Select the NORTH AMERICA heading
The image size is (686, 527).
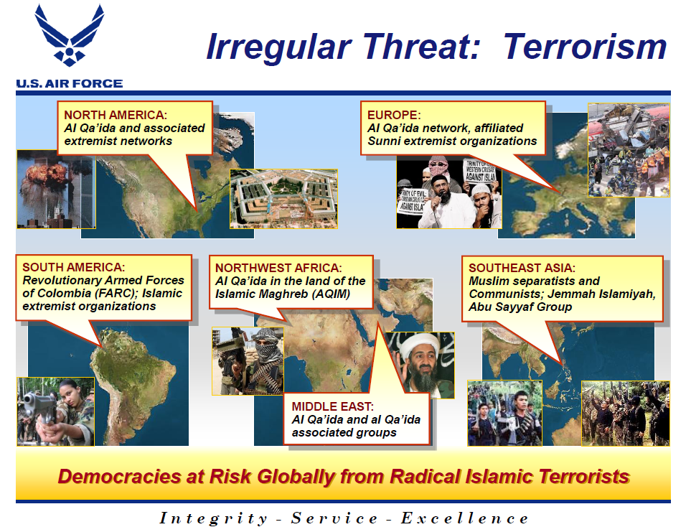pyautogui.click(x=116, y=114)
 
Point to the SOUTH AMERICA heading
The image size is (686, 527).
pyautogui.click(x=74, y=267)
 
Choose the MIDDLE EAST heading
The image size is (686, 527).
pyautogui.click(x=332, y=406)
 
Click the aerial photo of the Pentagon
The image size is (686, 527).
pyautogui.click(x=283, y=199)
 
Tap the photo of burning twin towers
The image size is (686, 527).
pyautogui.click(x=47, y=189)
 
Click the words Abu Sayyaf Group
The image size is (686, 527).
pyautogui.click(x=520, y=307)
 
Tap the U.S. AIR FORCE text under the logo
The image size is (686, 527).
pyautogui.click(x=70, y=83)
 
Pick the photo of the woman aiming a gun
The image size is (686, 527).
pyautogui.click(x=55, y=411)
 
